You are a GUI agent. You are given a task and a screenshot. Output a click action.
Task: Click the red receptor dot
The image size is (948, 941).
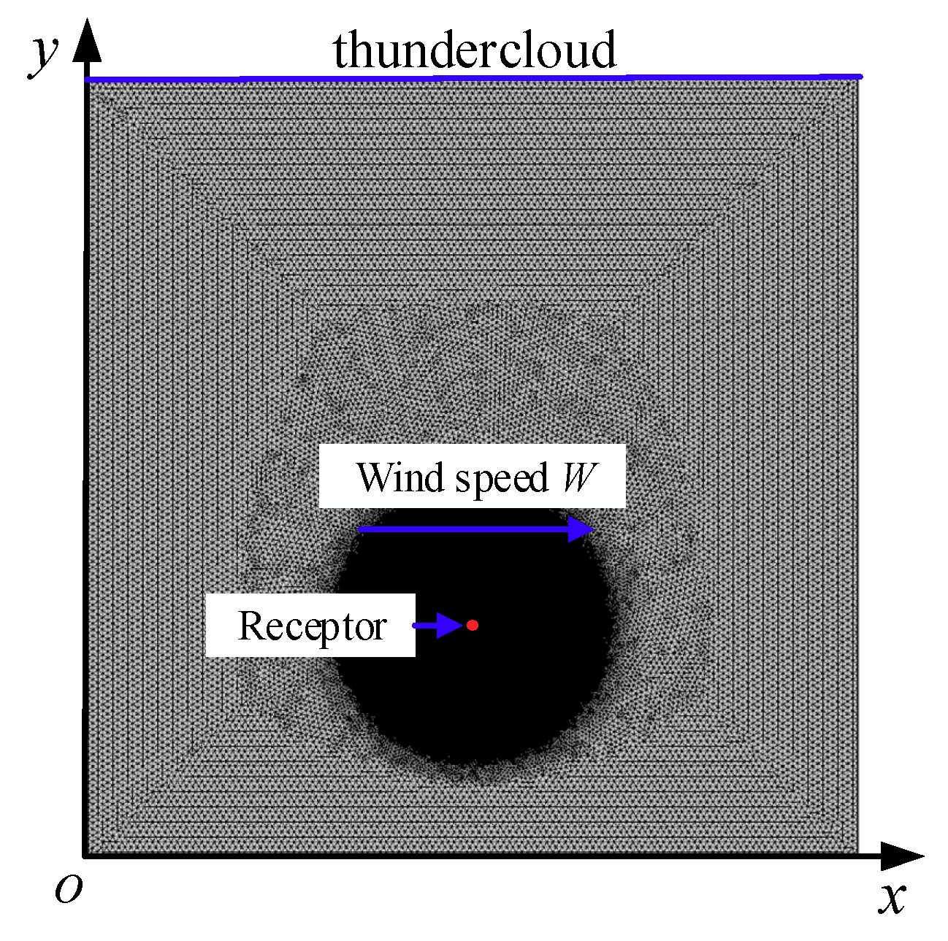(473, 625)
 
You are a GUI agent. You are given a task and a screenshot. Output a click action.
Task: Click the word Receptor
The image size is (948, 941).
(312, 626)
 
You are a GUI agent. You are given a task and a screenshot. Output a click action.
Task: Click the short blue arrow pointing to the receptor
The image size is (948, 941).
(437, 626)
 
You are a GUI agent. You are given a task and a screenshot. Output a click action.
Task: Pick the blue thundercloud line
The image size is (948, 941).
(475, 77)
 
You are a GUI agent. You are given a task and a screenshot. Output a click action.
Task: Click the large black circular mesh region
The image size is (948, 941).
(475, 694)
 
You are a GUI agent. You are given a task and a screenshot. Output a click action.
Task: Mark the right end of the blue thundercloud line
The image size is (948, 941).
(860, 76)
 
